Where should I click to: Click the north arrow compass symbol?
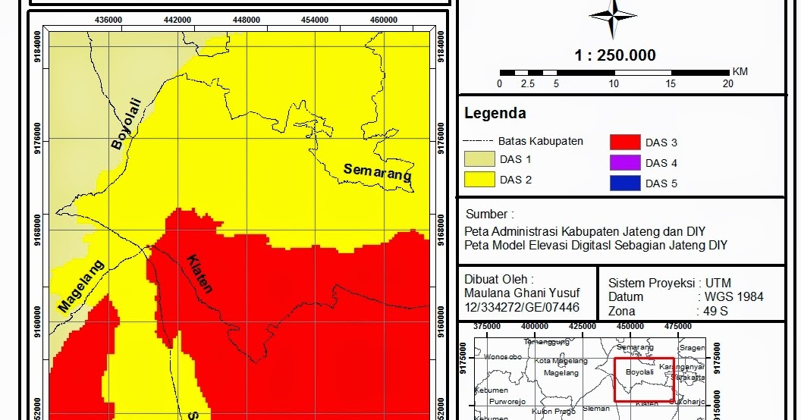[613, 16]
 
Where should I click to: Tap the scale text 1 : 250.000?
[615, 55]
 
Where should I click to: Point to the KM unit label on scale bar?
[740, 71]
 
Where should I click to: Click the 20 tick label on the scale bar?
[727, 84]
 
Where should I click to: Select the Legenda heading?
[495, 114]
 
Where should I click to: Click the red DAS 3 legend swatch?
[624, 143]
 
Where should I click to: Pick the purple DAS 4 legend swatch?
[624, 163]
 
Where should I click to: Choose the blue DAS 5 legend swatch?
[624, 183]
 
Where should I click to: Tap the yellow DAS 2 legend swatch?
[479, 180]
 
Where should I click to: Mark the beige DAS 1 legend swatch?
[479, 159]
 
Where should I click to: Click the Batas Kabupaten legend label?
[540, 141]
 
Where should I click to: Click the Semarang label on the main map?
[378, 172]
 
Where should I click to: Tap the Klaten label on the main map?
[199, 273]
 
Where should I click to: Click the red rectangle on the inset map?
[643, 380]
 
